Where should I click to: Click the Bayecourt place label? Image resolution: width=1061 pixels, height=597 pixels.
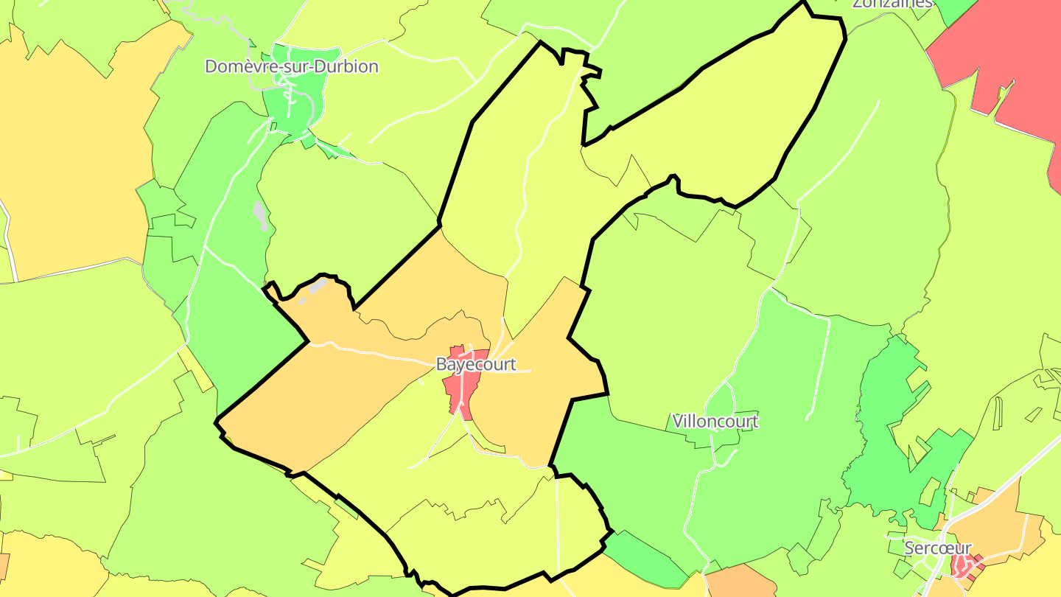click(476, 364)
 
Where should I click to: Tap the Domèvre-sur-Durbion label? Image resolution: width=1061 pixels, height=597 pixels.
click(292, 66)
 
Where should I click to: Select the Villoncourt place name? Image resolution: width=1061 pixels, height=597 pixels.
click(715, 422)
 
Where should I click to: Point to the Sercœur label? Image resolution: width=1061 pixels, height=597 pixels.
click(937, 548)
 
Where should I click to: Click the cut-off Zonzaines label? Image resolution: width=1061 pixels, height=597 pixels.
click(892, 3)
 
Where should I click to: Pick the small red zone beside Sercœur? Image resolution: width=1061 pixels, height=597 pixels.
click(962, 565)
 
